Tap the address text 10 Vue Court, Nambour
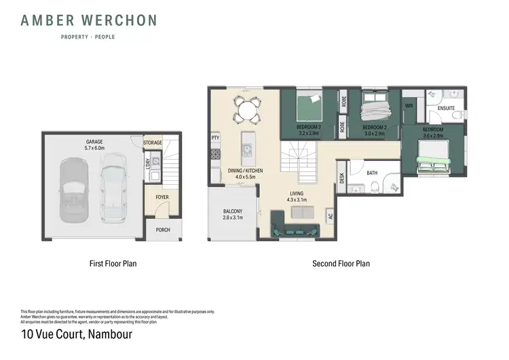(76, 334)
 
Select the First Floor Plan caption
(113, 263)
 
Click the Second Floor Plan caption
(341, 263)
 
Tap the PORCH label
(163, 230)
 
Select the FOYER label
(162, 197)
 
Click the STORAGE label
(153, 143)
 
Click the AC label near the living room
(331, 217)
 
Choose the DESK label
(342, 178)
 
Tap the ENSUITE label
(447, 108)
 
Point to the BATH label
(372, 173)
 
